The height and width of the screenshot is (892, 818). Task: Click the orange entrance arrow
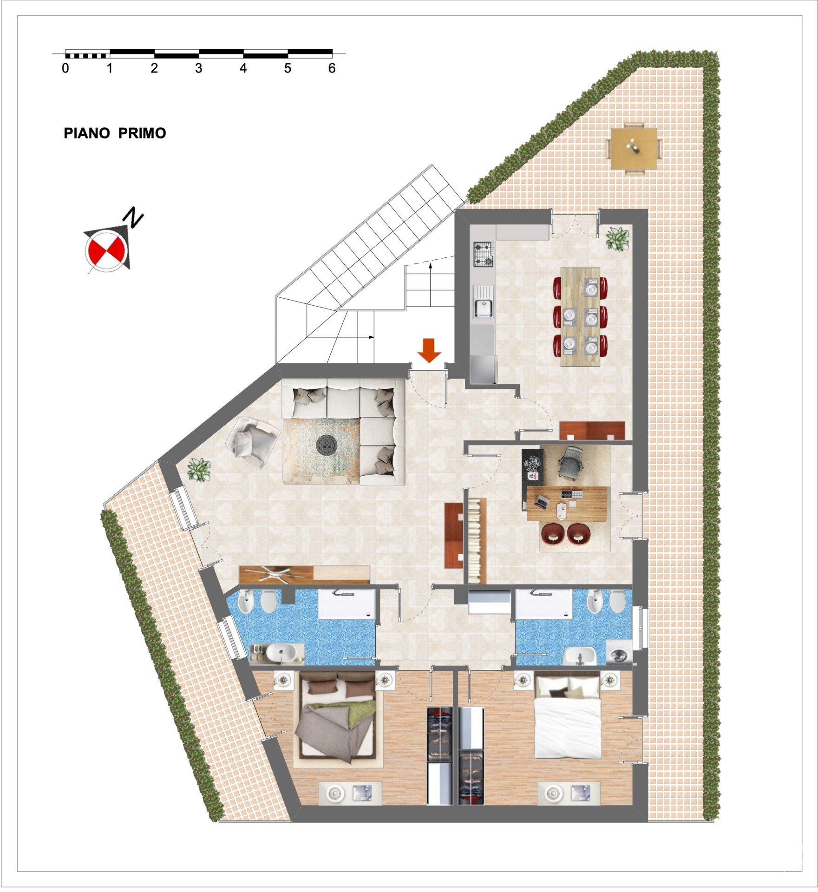point(429,350)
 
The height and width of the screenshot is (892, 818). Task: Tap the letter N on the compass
point(134,218)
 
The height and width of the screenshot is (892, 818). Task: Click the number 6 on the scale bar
point(332,68)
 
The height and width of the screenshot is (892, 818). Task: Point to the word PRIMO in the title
point(142,133)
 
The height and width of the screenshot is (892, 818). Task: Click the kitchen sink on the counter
point(484,302)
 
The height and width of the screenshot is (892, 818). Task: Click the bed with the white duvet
point(569,716)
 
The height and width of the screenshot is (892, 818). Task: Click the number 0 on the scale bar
point(65,68)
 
